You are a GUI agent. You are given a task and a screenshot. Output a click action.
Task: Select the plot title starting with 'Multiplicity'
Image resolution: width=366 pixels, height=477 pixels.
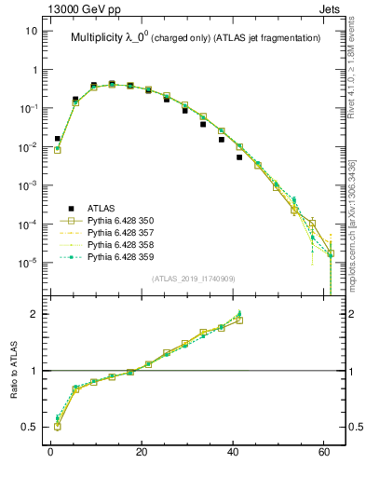pyautogui.click(x=195, y=38)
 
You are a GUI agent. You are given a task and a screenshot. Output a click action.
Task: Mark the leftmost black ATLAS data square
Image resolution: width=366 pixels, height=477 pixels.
pyautogui.click(x=58, y=139)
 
